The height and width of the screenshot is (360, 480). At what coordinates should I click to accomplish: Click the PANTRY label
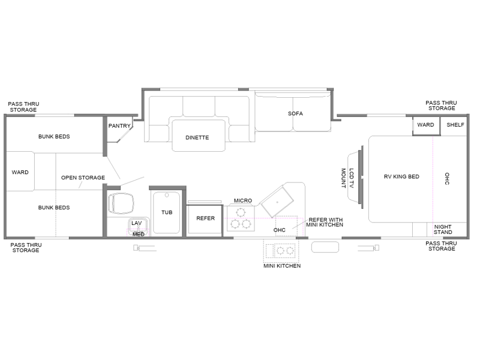click(119, 126)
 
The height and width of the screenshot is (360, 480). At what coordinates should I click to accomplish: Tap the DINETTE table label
click(197, 138)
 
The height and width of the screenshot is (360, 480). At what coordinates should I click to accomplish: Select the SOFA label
click(295, 113)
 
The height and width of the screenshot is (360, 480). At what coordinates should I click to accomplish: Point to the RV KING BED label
click(401, 176)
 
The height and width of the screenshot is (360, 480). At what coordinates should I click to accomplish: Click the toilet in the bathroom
click(121, 203)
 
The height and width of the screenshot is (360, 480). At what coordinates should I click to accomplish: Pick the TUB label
click(167, 212)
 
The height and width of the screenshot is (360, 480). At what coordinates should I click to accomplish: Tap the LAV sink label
click(137, 223)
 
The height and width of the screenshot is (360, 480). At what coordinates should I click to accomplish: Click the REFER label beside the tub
click(205, 218)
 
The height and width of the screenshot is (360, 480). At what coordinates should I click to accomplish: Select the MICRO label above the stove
click(243, 200)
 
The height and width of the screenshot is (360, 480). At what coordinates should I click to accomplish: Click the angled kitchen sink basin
click(277, 202)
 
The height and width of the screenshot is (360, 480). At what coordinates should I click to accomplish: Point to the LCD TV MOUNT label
click(347, 178)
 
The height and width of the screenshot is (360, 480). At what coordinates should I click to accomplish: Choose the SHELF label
click(455, 125)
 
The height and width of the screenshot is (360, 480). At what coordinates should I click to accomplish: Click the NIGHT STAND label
click(443, 230)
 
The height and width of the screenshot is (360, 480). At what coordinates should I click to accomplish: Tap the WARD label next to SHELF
click(425, 125)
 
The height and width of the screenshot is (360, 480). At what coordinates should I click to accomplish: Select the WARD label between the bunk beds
click(20, 172)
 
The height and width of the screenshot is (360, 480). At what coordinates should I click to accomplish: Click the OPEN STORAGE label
click(83, 178)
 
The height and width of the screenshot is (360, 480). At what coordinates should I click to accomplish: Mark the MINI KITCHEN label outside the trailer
click(282, 266)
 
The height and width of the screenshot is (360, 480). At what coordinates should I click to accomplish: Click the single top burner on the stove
click(241, 212)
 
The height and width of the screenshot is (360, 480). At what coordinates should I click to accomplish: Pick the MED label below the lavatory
click(139, 235)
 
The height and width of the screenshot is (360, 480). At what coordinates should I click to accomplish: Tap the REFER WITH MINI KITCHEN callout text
click(325, 222)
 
